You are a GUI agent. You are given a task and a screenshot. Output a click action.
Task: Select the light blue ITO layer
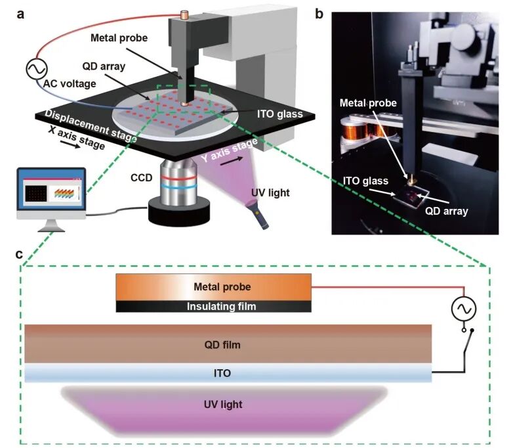point(227,374)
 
